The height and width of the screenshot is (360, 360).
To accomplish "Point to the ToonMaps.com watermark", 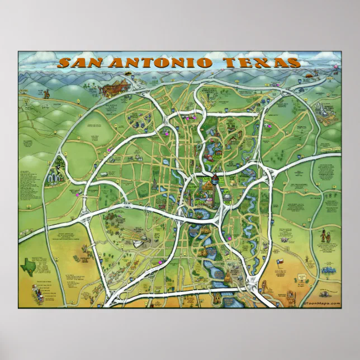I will [x=322, y=303].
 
